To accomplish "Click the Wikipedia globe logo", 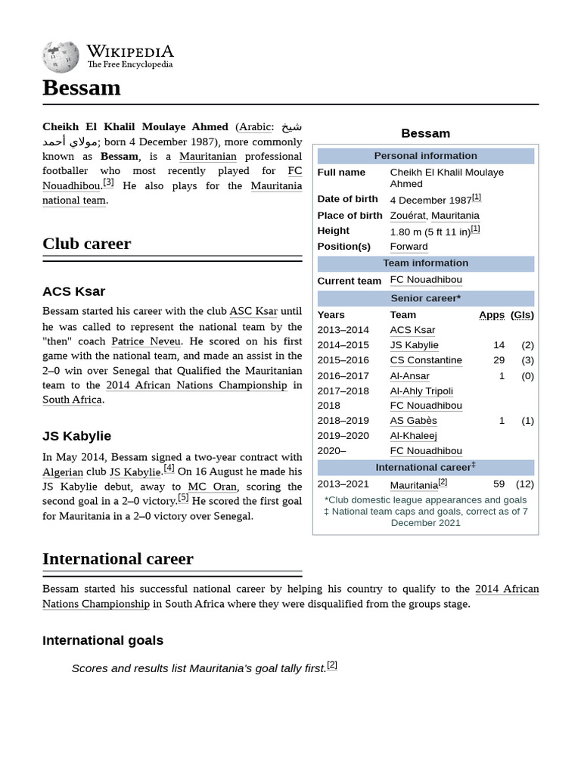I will click(x=61, y=56).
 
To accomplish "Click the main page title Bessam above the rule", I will click(x=82, y=88).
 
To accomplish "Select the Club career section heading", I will click(x=86, y=244).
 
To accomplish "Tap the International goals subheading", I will click(x=103, y=640).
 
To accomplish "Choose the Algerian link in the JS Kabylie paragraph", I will click(x=63, y=472).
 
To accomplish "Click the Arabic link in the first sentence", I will click(x=255, y=126).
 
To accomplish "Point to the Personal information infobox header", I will click(x=425, y=156).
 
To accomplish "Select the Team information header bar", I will click(x=425, y=263).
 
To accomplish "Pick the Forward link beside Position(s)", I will click(x=409, y=247).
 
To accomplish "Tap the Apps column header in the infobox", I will click(x=492, y=315).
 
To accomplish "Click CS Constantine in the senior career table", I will click(x=426, y=360).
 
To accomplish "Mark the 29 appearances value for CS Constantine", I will click(x=499, y=360).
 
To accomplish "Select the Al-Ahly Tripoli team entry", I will click(x=421, y=391).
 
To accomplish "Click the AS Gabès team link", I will click(x=413, y=421).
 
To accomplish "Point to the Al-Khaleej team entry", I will click(x=413, y=436).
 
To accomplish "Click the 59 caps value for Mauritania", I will click(x=499, y=484).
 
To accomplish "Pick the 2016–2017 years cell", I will click(x=343, y=376).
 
